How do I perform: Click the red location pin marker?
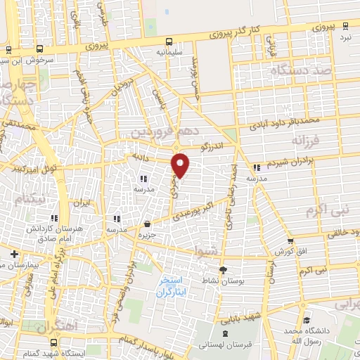(x=181, y=165)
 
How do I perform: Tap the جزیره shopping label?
(x=147, y=235)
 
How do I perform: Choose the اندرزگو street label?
(x=212, y=148)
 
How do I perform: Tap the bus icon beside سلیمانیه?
(x=169, y=41)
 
